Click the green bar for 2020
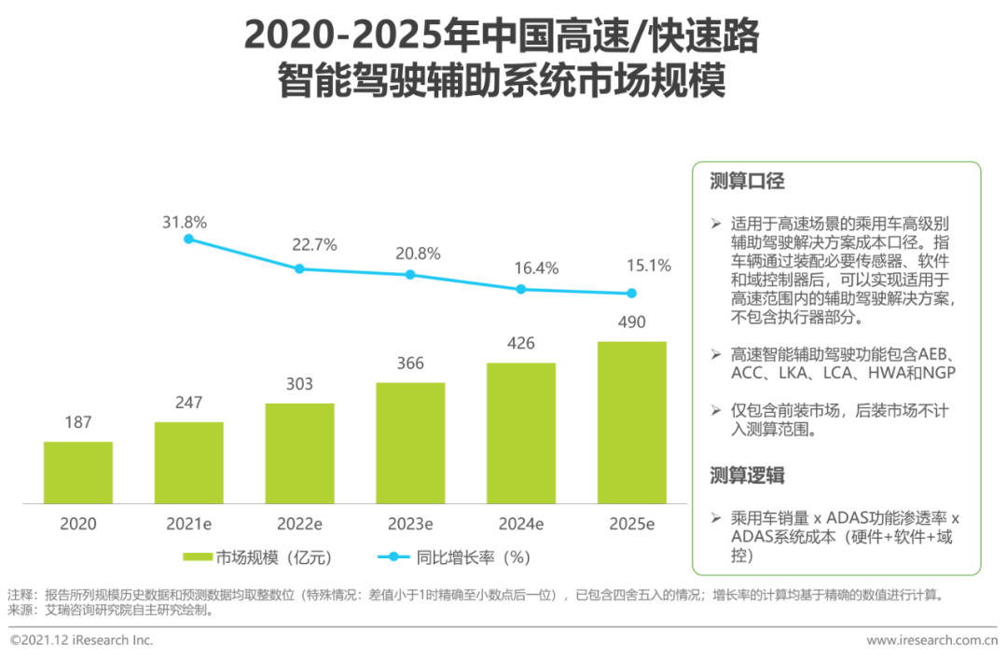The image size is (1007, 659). (x=78, y=473)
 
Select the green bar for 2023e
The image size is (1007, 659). (x=410, y=443)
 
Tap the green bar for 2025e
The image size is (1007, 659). (x=631, y=422)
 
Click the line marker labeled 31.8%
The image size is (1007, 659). (x=188, y=239)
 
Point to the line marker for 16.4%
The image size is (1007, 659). (x=521, y=289)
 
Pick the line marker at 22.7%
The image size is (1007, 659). (x=299, y=268)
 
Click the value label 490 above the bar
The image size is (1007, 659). (x=631, y=323)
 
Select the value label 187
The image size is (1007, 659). (x=78, y=422)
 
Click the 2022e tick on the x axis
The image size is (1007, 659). (x=299, y=524)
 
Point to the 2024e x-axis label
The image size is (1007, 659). (x=521, y=524)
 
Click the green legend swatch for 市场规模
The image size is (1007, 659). (x=197, y=557)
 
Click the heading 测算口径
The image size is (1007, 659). (x=747, y=181)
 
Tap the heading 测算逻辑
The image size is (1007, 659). (x=747, y=475)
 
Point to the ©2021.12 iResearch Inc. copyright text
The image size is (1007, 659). (x=82, y=640)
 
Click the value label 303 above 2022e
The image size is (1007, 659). (x=299, y=384)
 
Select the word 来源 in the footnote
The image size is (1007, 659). (x=20, y=611)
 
